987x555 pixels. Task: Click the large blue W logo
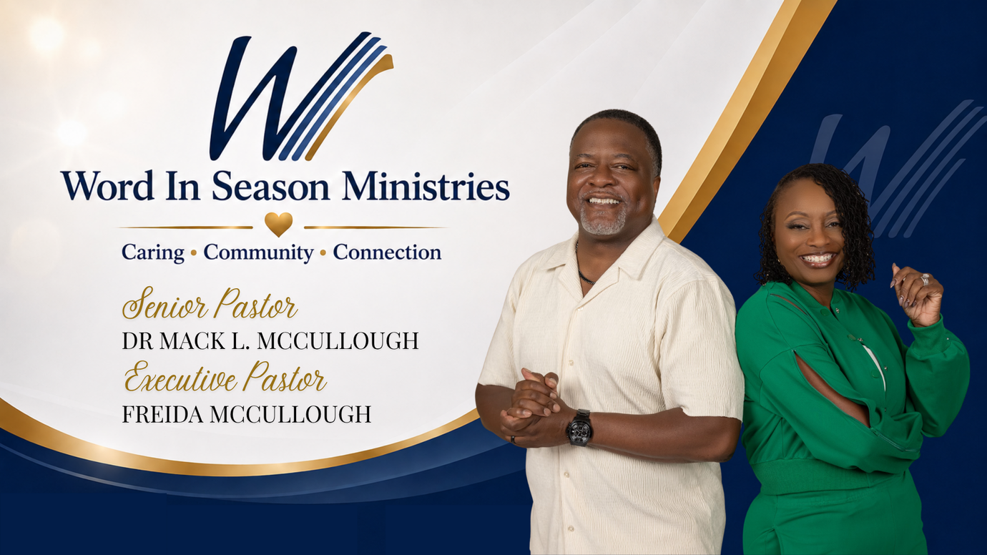pos(300,97)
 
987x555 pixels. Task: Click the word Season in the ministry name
pos(270,186)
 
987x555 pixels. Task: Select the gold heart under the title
pos(278,225)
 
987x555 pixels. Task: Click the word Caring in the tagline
pos(153,253)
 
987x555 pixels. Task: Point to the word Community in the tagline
pos(258,253)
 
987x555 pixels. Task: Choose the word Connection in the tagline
pos(387,252)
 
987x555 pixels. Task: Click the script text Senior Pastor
pos(210,303)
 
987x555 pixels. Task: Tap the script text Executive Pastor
pos(225,377)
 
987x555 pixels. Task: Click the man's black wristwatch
pos(579,427)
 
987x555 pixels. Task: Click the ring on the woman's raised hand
pos(925,280)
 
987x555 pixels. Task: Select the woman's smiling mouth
pos(817,259)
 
